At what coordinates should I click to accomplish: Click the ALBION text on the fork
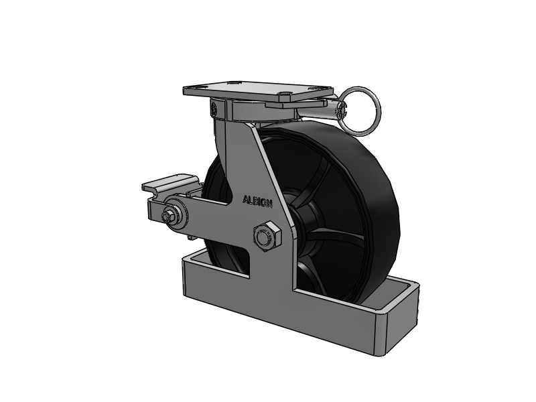[x=257, y=201]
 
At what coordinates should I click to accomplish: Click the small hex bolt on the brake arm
[x=167, y=216]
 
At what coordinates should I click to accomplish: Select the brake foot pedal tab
[x=170, y=184]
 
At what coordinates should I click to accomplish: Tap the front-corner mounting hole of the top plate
[x=284, y=92]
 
